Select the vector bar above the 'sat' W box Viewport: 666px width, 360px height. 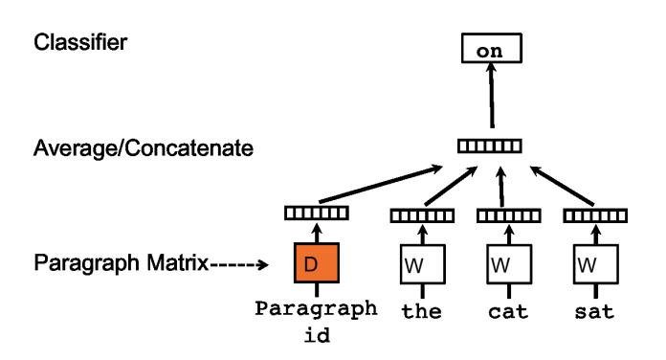click(x=590, y=215)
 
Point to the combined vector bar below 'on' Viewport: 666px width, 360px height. click(x=489, y=146)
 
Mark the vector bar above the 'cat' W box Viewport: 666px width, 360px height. click(x=502, y=215)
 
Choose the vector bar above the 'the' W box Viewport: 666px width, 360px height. click(x=413, y=215)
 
